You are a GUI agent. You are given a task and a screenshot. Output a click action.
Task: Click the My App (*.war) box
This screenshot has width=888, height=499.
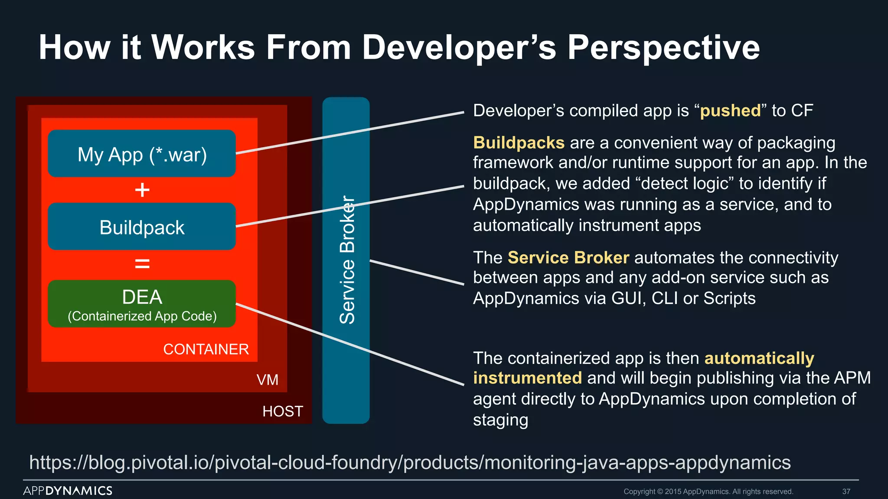[x=142, y=154]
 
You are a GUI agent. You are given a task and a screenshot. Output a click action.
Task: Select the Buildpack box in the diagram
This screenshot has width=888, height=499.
[x=142, y=227]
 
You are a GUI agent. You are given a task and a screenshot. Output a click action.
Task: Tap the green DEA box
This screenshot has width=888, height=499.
[x=142, y=304]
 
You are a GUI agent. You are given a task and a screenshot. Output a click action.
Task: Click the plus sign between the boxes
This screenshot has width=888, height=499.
[x=142, y=190]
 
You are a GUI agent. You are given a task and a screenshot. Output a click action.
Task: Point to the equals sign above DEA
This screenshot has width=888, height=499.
[x=142, y=263]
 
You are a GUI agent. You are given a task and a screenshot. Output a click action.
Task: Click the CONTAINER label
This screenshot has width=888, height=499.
[x=206, y=349]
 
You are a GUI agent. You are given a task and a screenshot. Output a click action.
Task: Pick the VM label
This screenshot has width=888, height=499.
[x=268, y=380]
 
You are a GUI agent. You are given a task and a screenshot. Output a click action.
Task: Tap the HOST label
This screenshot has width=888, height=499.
[x=283, y=411]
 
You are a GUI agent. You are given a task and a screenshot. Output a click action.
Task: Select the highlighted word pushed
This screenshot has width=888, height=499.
[x=731, y=111]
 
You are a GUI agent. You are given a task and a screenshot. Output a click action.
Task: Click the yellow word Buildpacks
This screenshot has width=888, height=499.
[x=519, y=143]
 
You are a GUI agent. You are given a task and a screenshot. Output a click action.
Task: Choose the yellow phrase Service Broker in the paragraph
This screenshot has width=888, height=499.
[x=568, y=258]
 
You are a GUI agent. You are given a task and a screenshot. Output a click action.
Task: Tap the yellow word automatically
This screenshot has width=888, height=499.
[x=759, y=358]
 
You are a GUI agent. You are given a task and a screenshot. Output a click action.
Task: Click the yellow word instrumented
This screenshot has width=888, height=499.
[x=527, y=378]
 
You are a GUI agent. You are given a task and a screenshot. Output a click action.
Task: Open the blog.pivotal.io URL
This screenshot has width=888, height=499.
[x=410, y=463]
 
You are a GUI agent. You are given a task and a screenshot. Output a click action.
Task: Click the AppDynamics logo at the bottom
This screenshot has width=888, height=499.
[x=68, y=491]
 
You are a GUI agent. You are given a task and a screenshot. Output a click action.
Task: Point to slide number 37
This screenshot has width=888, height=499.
[x=846, y=492]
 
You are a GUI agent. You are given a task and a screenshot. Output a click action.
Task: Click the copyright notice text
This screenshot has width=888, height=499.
[x=708, y=492]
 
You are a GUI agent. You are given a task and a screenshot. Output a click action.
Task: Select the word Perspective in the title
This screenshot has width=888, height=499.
[x=663, y=48]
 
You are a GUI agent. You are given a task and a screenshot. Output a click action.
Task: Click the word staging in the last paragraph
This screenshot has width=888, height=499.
[x=500, y=420]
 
